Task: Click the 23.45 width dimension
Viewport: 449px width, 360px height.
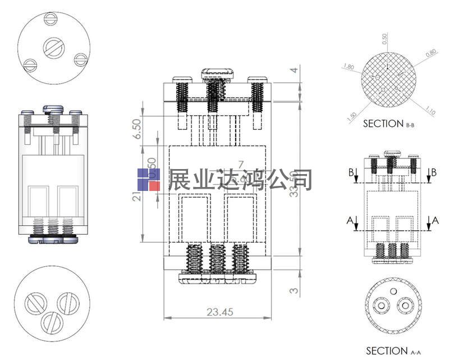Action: click(221, 312)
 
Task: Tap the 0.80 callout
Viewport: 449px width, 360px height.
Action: click(430, 54)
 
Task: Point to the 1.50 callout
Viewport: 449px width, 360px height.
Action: click(352, 117)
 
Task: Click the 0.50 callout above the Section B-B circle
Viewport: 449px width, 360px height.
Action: click(384, 39)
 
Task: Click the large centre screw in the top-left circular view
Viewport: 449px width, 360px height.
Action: click(54, 47)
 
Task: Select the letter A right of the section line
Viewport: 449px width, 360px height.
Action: click(436, 221)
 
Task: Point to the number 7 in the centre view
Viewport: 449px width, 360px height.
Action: click(241, 165)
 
